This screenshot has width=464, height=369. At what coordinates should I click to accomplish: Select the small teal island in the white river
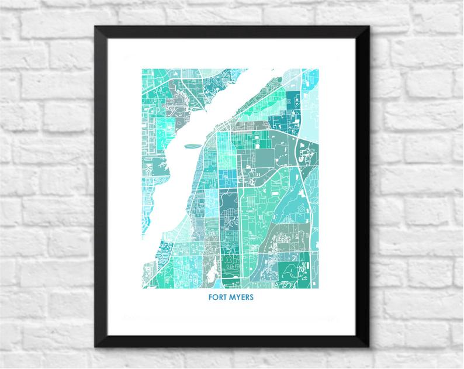pyautogui.click(x=192, y=147)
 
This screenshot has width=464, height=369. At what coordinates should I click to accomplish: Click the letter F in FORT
pyautogui.click(x=210, y=296)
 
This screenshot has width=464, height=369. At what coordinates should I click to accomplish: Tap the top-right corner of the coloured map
pyautogui.click(x=319, y=69)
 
